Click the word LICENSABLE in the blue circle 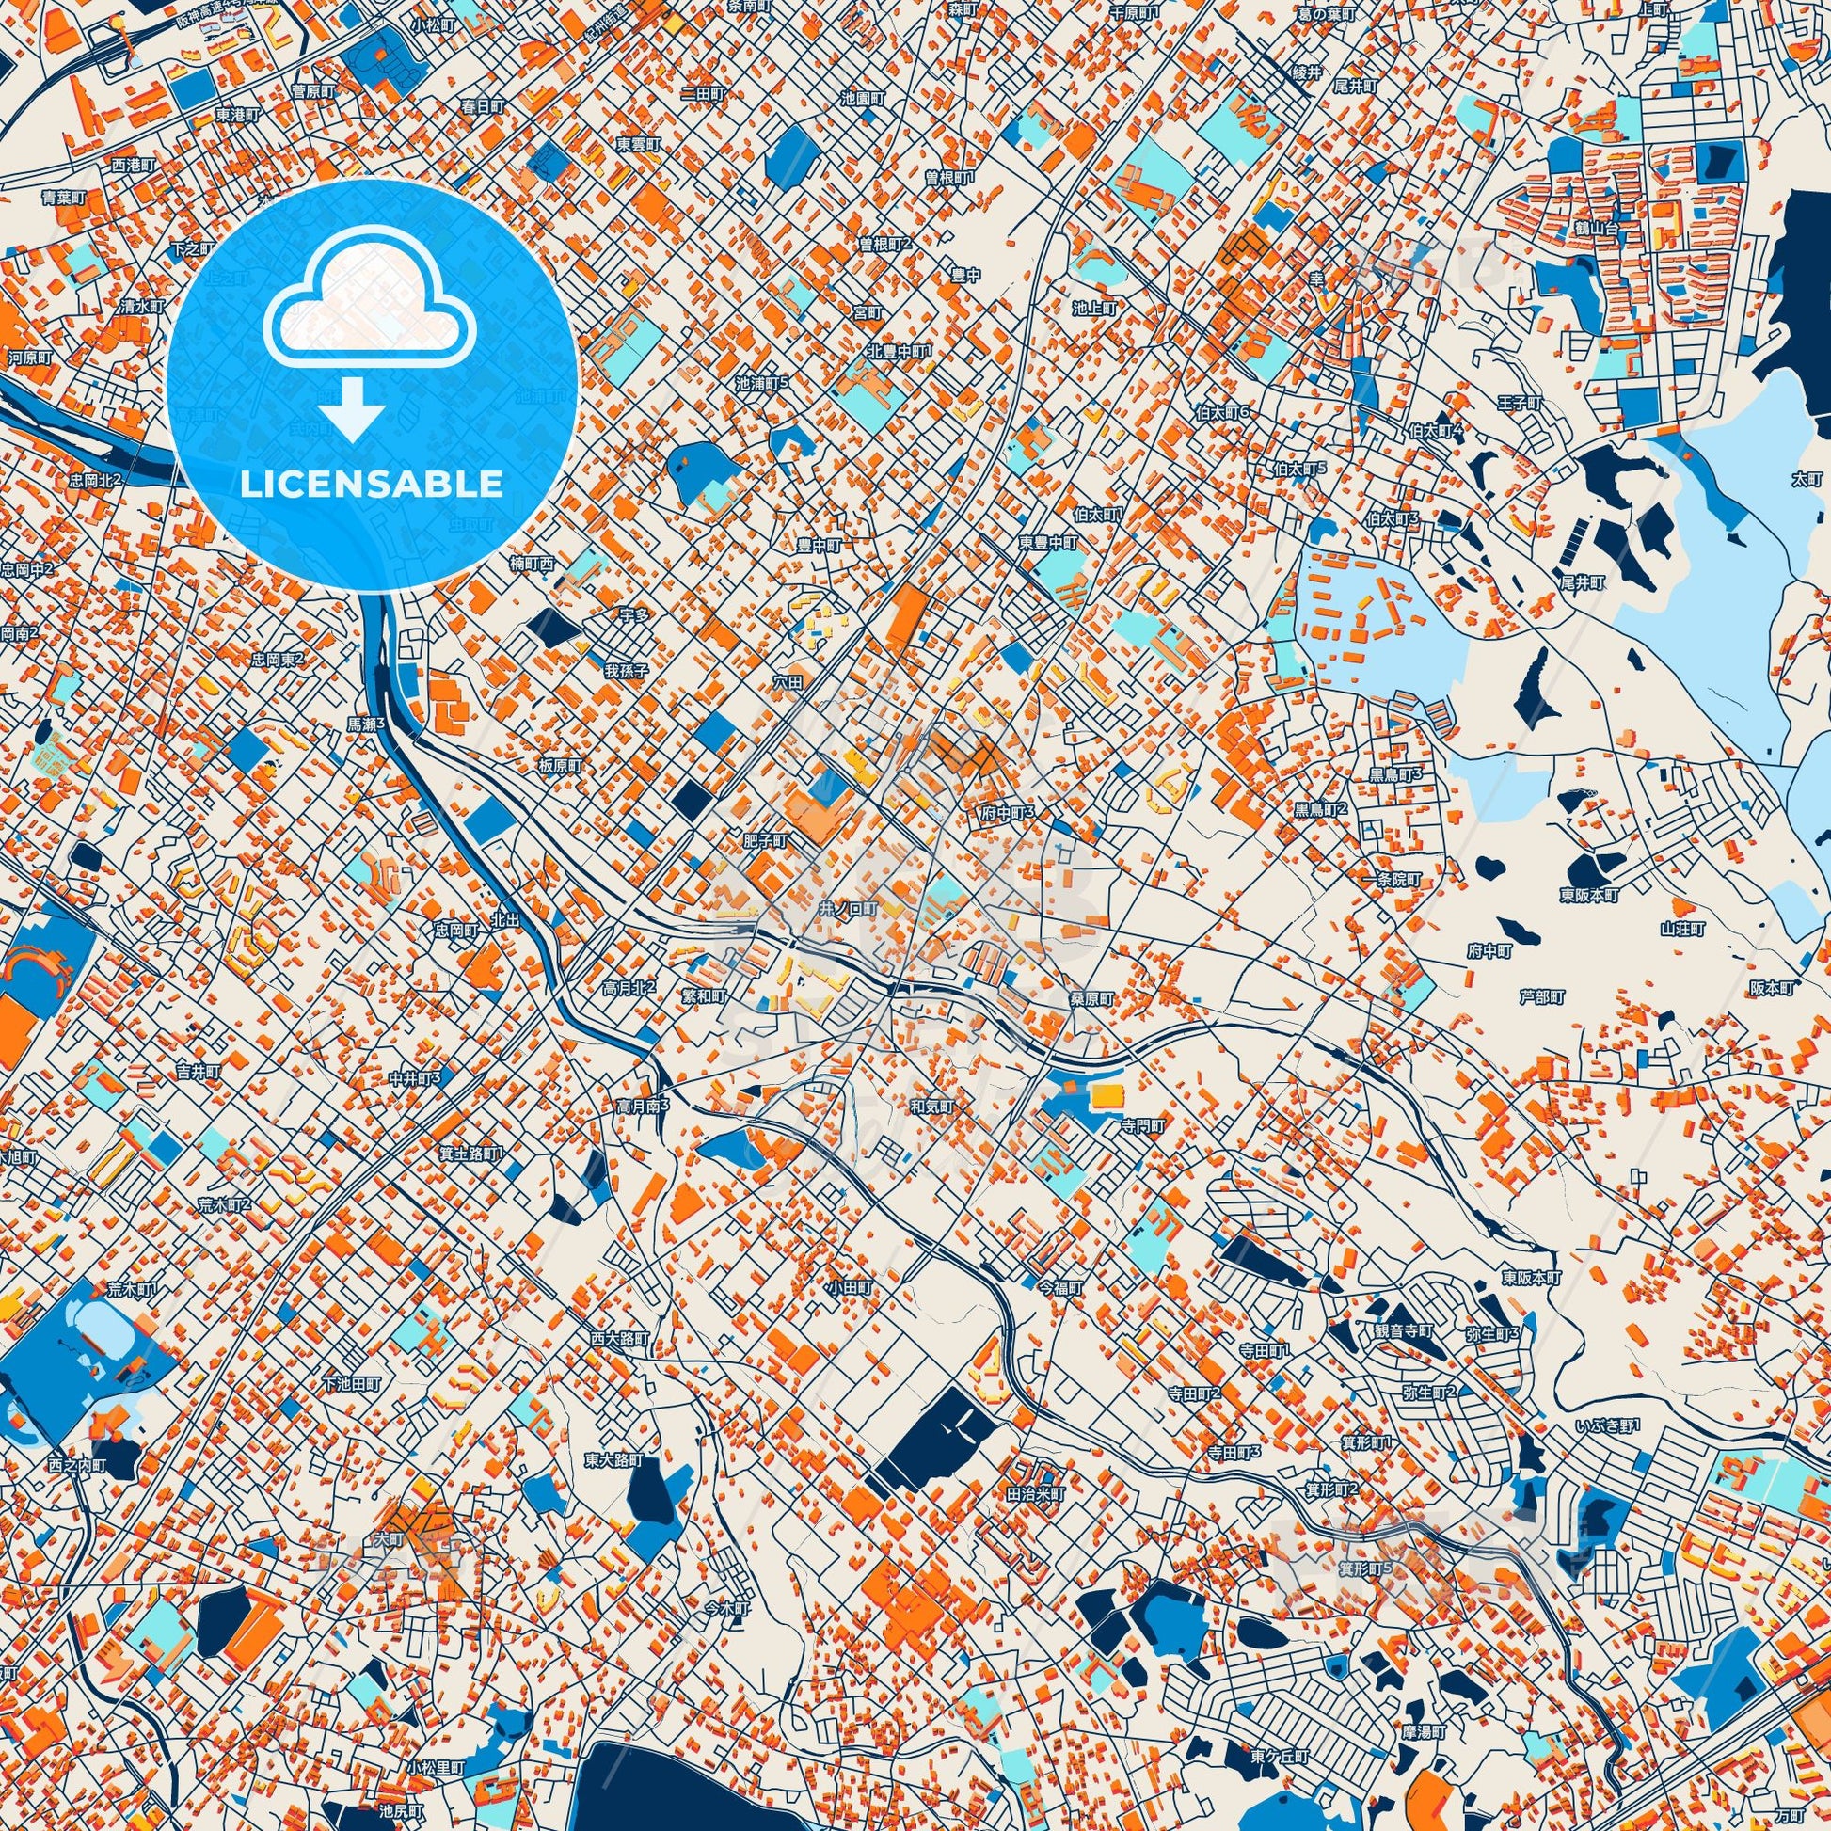pyautogui.click(x=372, y=485)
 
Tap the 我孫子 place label pyautogui.click(x=627, y=671)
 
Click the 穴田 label pyautogui.click(x=788, y=681)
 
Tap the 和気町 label pyautogui.click(x=932, y=1106)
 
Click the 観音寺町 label pyautogui.click(x=1405, y=1330)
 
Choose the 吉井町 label pyautogui.click(x=199, y=1070)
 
